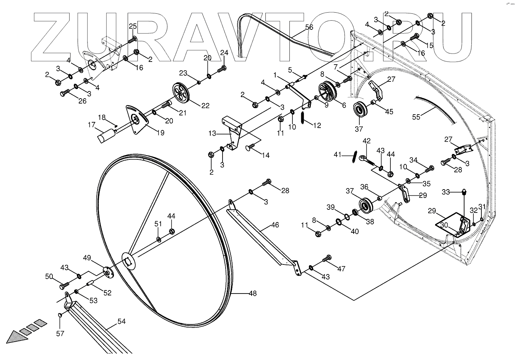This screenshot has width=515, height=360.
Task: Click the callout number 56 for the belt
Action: tap(309, 28)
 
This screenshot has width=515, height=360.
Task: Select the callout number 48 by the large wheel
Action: tap(252, 294)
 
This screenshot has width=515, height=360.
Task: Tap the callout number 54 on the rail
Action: tap(121, 322)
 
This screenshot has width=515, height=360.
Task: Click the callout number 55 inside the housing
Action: tap(416, 117)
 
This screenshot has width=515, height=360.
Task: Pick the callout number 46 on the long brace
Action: tap(275, 226)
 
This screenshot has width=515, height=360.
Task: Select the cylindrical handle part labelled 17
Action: tap(107, 136)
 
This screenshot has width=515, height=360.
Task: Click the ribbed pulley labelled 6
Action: tap(328, 92)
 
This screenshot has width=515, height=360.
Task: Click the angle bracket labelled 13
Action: tap(234, 132)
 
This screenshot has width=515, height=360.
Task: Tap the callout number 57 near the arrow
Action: tap(60, 334)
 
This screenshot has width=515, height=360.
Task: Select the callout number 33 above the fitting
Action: tap(446, 191)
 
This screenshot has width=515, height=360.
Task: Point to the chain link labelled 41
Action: tap(354, 157)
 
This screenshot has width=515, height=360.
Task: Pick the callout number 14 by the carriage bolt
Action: tap(265, 155)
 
